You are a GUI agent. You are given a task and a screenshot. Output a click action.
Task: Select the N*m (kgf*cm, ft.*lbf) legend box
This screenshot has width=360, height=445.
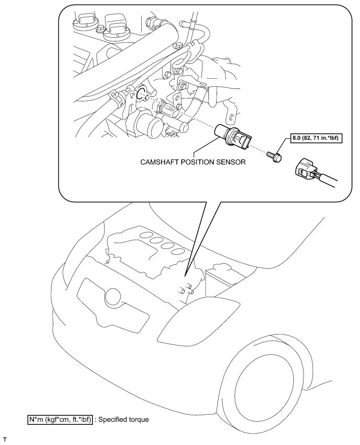(61, 419)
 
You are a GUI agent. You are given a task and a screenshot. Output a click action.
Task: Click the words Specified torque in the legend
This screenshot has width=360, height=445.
(124, 419)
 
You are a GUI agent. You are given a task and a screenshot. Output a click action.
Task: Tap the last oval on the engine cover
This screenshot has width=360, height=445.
(177, 251)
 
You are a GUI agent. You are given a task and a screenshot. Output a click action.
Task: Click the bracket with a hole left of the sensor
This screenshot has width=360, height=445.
(180, 97)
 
